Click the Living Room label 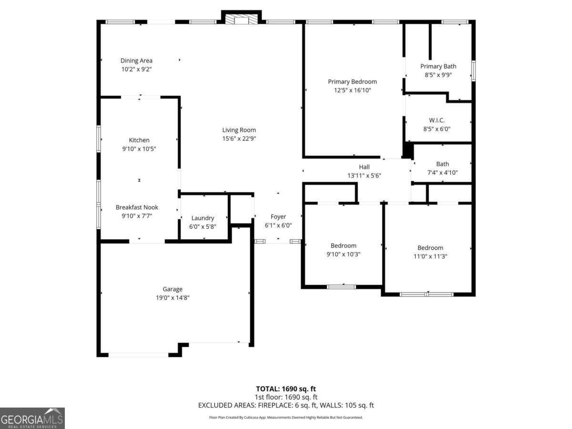239,130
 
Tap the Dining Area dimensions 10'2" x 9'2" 136,69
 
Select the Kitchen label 139,140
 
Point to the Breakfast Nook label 137,207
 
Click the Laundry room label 203,218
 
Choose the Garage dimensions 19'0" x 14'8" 173,298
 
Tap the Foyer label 278,217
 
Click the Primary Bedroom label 352,82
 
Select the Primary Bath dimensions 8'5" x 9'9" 439,75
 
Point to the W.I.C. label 437,120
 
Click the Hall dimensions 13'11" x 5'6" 364,175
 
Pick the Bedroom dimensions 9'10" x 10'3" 344,254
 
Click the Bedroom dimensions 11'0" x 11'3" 430,256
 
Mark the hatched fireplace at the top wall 241,19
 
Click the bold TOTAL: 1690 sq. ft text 286,389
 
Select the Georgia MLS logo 32,418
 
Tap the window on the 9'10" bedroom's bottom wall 341,287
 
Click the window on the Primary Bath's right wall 473,71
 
